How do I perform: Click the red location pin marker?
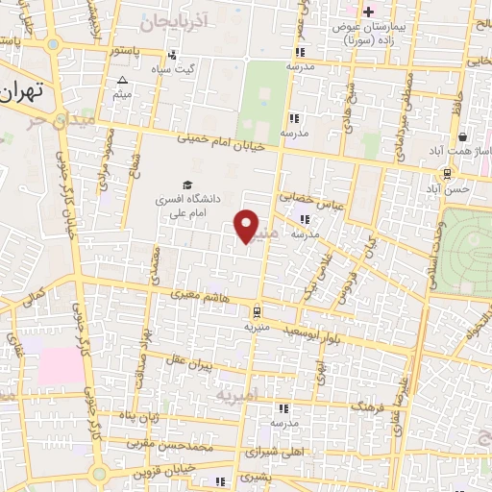point(247,226)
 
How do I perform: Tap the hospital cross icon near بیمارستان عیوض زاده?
point(368,11)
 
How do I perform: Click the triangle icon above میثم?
point(122,80)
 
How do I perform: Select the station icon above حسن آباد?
point(447,173)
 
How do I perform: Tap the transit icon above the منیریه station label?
point(256,311)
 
